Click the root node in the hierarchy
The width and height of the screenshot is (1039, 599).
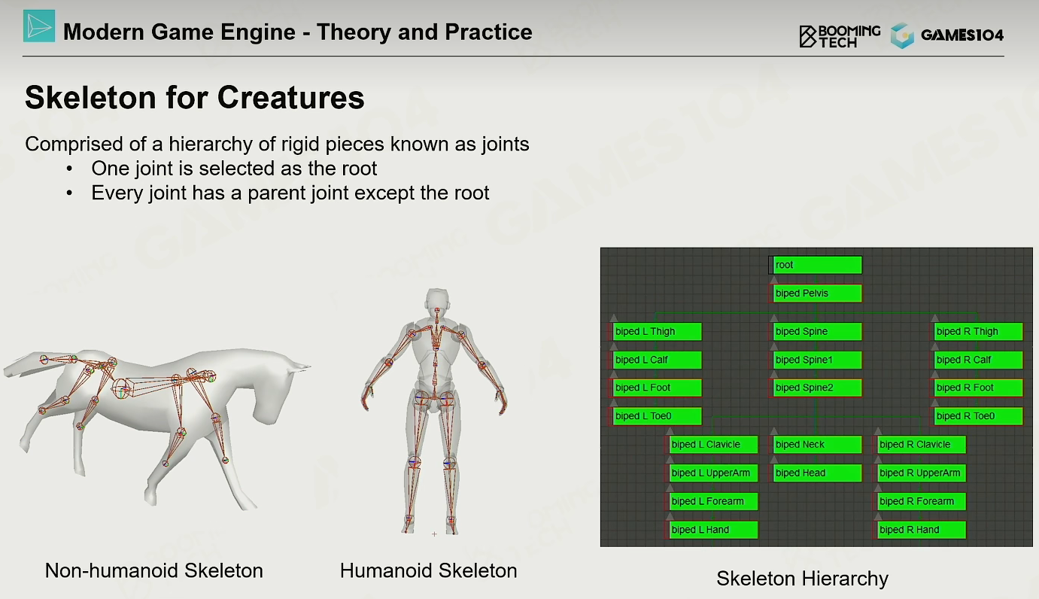pyautogui.click(x=815, y=265)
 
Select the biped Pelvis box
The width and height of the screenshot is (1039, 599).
pyautogui.click(x=817, y=293)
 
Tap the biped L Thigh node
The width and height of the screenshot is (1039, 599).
pyautogui.click(x=656, y=331)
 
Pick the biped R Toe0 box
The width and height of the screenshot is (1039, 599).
pyautogui.click(x=978, y=416)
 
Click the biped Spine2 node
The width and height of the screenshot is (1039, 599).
pyautogui.click(x=817, y=388)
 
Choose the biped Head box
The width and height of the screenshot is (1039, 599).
pyautogui.click(x=817, y=473)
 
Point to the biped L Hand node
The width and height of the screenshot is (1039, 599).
pyautogui.click(x=713, y=530)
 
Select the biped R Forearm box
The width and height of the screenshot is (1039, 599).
pyautogui.click(x=921, y=502)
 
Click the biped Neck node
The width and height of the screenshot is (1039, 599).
pyautogui.click(x=817, y=445)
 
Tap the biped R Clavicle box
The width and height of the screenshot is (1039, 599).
pyautogui.click(x=921, y=445)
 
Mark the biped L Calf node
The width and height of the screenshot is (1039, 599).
pyautogui.click(x=656, y=360)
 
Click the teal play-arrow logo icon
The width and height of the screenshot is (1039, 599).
pyautogui.click(x=39, y=26)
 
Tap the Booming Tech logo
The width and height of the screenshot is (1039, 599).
pyautogui.click(x=840, y=35)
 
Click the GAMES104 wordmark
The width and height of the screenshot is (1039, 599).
pyautogui.click(x=962, y=35)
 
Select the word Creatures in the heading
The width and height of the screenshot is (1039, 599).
pyautogui.click(x=291, y=97)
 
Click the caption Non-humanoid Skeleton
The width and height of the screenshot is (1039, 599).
pyautogui.click(x=154, y=570)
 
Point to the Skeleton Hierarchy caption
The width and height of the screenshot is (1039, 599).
pyautogui.click(x=803, y=579)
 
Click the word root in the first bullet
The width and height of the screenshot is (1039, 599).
pyautogui.click(x=359, y=169)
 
